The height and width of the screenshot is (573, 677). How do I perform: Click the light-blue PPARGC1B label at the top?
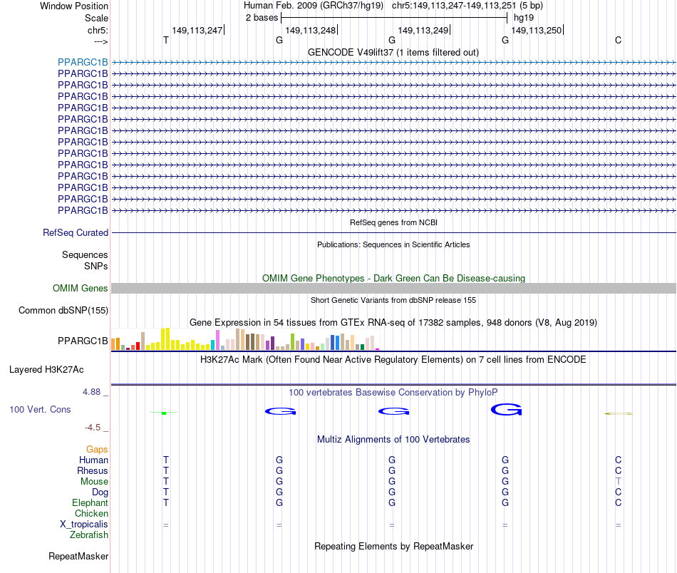pyautogui.click(x=83, y=62)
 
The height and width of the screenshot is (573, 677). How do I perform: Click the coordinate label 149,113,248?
pyautogui.click(x=310, y=31)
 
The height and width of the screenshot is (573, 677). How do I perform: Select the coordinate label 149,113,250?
pyautogui.click(x=537, y=31)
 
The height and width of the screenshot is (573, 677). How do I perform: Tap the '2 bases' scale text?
pyautogui.click(x=262, y=17)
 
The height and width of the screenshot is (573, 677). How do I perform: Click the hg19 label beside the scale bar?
pyautogui.click(x=523, y=17)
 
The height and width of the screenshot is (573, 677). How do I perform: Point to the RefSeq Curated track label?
pyautogui.click(x=76, y=233)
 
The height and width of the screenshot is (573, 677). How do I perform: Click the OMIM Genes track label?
pyautogui.click(x=81, y=289)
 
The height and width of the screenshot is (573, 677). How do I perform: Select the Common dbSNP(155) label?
pyautogui.click(x=63, y=311)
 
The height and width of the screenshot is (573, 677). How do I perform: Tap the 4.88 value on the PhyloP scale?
pyautogui.click(x=93, y=392)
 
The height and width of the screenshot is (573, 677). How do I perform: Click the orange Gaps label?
pyautogui.click(x=97, y=450)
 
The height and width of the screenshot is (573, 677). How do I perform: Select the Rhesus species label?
pyautogui.click(x=93, y=471)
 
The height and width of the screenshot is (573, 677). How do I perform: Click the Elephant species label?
pyautogui.click(x=90, y=503)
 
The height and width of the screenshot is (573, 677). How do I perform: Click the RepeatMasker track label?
pyautogui.click(x=78, y=556)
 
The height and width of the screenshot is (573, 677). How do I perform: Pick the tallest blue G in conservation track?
pyautogui.click(x=506, y=410)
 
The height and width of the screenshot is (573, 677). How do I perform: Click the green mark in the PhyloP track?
pyautogui.click(x=164, y=413)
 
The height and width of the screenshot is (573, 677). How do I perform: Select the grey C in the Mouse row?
pyautogui.click(x=618, y=482)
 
